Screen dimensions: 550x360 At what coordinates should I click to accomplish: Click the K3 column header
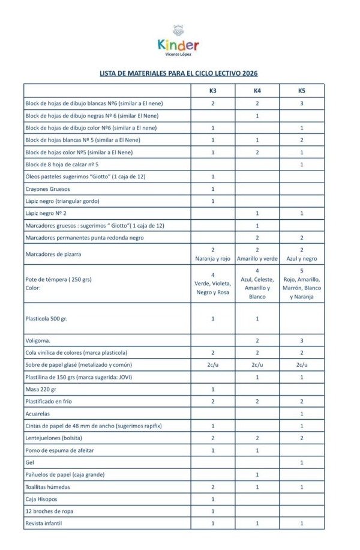[x=213, y=91]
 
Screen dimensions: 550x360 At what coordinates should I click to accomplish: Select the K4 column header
[x=257, y=91]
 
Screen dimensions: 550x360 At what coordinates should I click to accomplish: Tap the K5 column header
[x=301, y=91]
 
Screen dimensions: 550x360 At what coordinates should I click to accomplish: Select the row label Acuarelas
[x=38, y=414]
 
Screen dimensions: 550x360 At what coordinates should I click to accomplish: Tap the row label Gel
[x=29, y=462]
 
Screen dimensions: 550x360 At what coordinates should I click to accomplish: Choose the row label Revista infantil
[x=44, y=524]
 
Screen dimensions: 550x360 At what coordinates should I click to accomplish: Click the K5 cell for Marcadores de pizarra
[x=301, y=254]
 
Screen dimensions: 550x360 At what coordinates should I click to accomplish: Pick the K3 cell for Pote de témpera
[x=213, y=283]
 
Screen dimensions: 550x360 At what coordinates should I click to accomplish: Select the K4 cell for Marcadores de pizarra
[x=257, y=254]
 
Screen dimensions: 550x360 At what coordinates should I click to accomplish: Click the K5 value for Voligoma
[x=301, y=340]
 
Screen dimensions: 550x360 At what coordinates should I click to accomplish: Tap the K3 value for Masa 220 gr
[x=213, y=389]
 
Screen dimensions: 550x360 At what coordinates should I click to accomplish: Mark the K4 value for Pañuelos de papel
[x=257, y=474]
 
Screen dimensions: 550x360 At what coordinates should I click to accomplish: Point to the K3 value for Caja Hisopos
[x=213, y=499]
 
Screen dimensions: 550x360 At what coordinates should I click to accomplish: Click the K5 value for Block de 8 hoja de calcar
[x=301, y=164]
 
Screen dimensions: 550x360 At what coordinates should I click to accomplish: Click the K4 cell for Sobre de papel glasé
[x=257, y=364]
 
